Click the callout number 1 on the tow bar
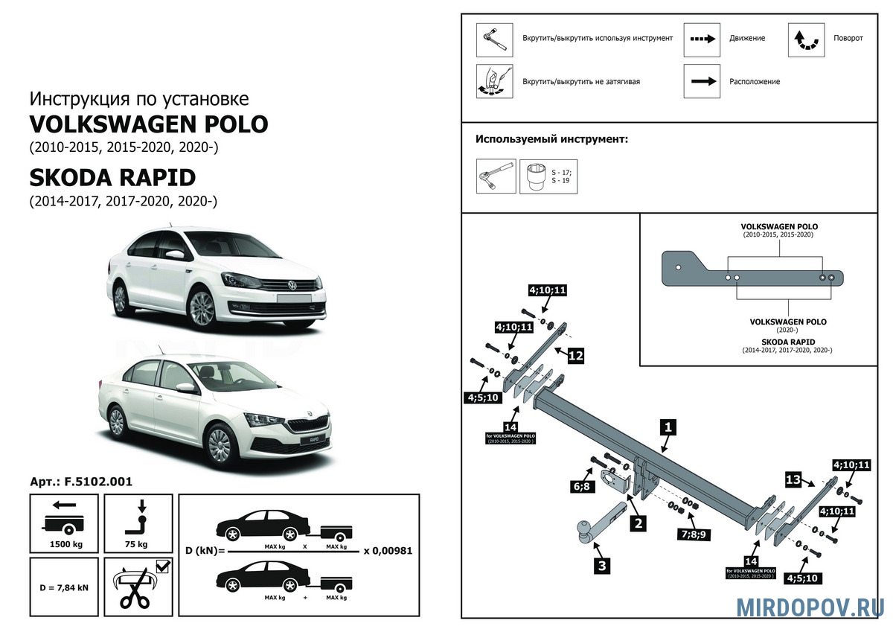(668, 427)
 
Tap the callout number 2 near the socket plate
(638, 523)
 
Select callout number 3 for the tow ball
(602, 566)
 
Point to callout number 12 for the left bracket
(575, 356)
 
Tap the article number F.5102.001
(81, 482)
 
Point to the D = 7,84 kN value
(63, 587)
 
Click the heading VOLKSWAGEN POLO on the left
(148, 124)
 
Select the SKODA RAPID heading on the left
(112, 177)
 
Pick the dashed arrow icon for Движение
(702, 39)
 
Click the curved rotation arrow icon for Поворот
(807, 39)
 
